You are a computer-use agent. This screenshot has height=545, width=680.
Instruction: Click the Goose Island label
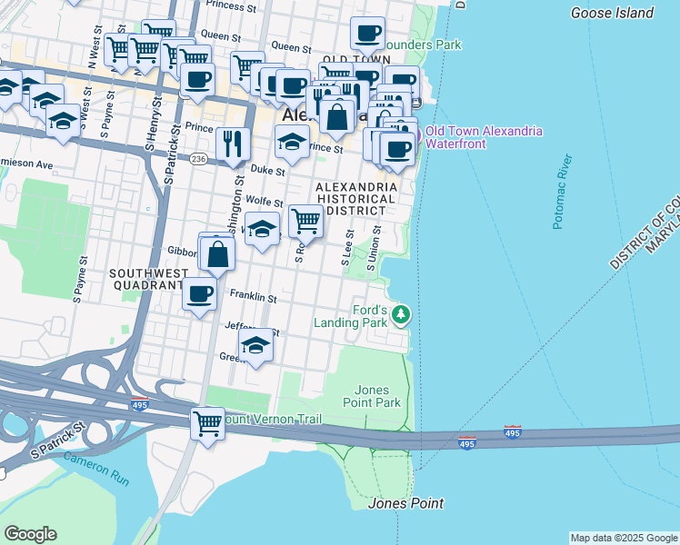[611, 13]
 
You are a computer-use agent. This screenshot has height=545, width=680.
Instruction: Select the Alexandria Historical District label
[356, 199]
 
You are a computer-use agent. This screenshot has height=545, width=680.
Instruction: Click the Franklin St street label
[253, 296]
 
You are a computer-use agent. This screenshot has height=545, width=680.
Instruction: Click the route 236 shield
[199, 159]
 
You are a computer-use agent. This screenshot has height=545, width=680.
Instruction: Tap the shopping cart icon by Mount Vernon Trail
[207, 423]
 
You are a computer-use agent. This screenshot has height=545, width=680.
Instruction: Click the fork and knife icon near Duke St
[233, 144]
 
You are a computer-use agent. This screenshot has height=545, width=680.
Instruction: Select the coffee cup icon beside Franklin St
[200, 293]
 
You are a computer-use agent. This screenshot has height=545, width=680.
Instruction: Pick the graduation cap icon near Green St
[256, 345]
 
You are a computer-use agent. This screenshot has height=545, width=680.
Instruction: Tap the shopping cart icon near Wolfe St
[305, 220]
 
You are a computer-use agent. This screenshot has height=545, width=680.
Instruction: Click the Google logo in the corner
[30, 534]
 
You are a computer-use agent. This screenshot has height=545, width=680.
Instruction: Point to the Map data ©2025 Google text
[624, 538]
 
